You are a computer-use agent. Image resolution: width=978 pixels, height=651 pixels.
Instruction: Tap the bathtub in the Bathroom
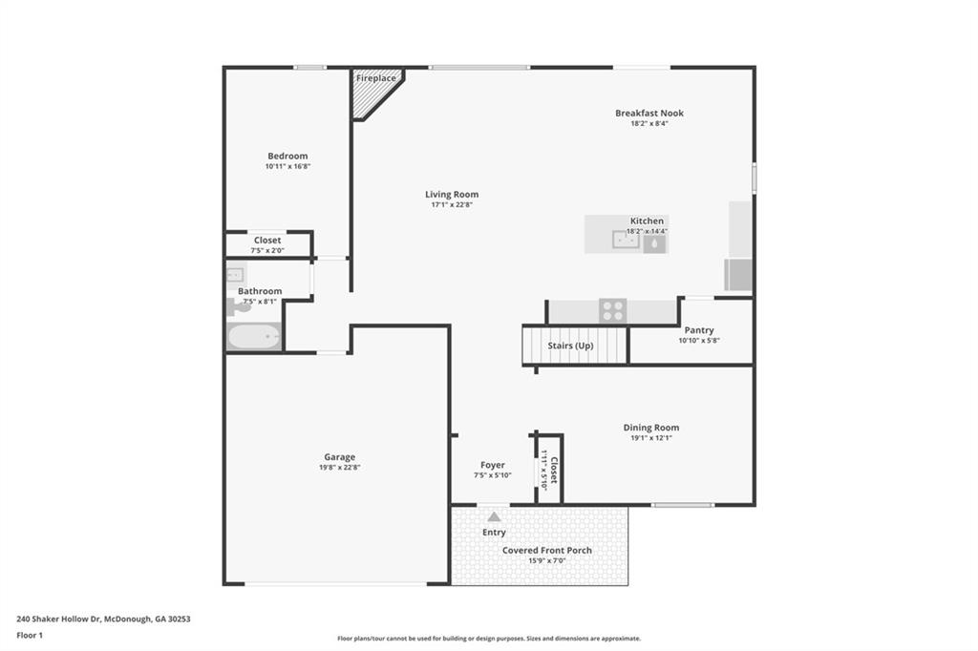[254, 336]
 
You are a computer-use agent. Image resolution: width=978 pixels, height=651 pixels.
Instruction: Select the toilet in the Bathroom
[235, 306]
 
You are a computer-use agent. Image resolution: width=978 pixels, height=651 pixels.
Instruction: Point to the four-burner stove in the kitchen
[612, 310]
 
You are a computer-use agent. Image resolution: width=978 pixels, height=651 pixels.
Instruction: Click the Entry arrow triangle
[494, 516]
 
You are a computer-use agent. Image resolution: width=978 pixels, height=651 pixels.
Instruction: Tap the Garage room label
[338, 457]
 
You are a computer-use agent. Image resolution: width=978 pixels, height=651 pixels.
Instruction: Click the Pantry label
[698, 330]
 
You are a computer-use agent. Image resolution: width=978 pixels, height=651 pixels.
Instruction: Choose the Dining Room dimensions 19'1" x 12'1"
[651, 438]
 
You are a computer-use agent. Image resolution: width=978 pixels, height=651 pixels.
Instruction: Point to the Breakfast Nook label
[648, 113]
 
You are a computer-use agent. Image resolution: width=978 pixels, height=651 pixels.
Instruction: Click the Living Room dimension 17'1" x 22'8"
[451, 204]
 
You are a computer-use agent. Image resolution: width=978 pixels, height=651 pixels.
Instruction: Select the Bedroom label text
[287, 156]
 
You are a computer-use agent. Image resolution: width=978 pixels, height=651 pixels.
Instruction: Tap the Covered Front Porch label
[546, 550]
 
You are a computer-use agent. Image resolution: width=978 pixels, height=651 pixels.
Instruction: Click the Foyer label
[492, 465]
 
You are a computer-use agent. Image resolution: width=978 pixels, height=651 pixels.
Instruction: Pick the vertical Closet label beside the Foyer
[553, 469]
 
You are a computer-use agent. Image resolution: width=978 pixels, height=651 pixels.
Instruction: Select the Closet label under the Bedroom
[267, 240]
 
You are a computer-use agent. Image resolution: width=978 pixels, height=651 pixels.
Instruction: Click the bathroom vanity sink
[236, 275]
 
